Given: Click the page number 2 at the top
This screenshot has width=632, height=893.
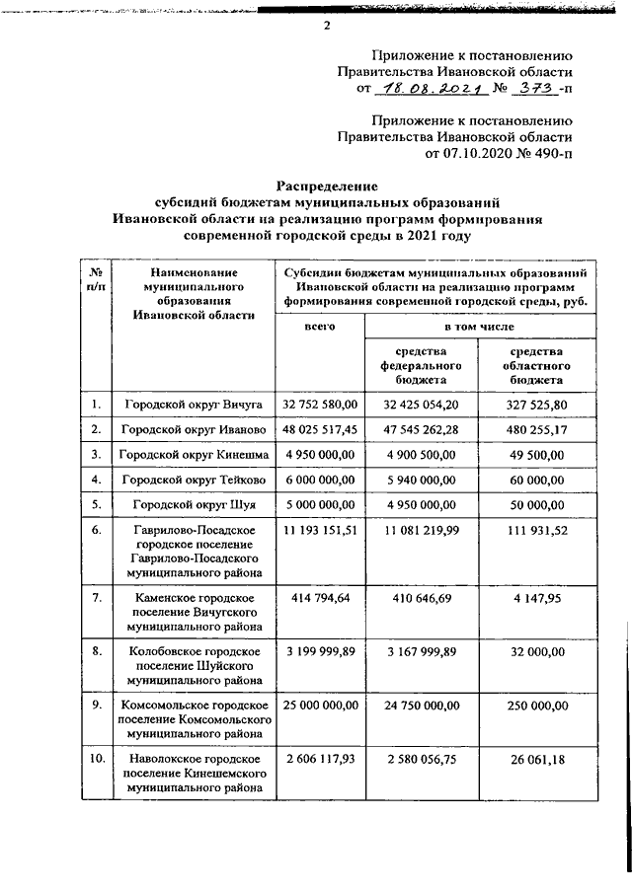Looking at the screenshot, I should (327, 26).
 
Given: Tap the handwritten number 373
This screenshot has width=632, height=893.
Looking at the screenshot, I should (535, 89).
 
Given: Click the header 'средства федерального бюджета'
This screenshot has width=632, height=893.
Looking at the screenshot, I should (421, 365).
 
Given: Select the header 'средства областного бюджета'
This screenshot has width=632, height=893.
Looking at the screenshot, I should (536, 365).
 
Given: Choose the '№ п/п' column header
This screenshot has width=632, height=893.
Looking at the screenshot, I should (96, 279).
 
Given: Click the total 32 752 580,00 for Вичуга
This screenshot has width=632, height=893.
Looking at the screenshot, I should (319, 405).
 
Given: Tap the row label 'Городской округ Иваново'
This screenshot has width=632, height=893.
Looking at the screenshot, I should (193, 430).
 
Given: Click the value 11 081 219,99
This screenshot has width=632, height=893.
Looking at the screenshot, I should (421, 533).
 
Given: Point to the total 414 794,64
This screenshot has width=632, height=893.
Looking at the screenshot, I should (319, 599).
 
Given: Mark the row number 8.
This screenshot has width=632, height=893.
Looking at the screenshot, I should (96, 651).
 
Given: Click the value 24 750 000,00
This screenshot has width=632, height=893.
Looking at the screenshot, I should (421, 707).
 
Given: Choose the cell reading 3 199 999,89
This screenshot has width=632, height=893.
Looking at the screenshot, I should (319, 653).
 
